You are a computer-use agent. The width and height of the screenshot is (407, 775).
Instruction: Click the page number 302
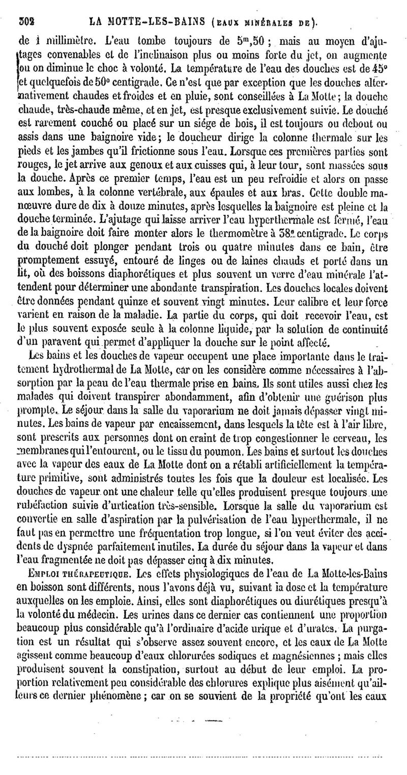pyautogui.click(x=25, y=21)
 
